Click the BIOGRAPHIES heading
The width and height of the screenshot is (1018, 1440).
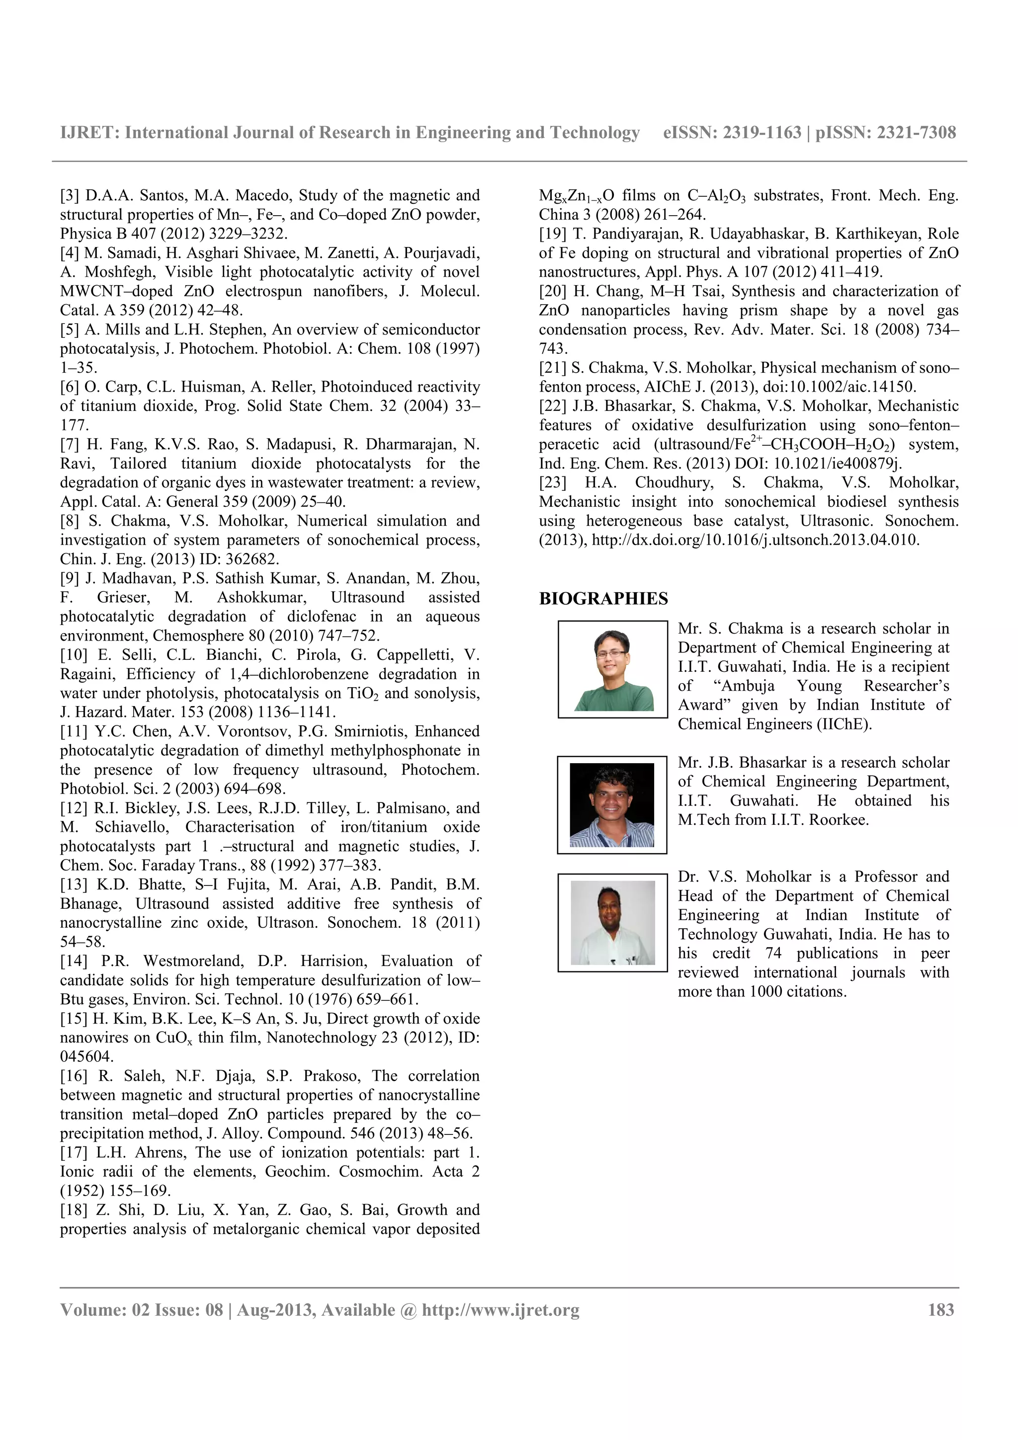pos(603,598)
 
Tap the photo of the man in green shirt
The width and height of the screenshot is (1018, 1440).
pos(612,669)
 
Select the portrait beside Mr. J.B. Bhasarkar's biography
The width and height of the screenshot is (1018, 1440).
pos(611,804)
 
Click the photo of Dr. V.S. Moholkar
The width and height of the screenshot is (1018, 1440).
pos(612,923)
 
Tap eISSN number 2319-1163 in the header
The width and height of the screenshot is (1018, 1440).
pos(762,132)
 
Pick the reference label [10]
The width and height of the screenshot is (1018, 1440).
pos(74,655)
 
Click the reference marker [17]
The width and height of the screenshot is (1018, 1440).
pos(74,1152)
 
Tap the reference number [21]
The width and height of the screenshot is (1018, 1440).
pos(553,368)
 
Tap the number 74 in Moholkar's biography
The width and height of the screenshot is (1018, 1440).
pos(773,953)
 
